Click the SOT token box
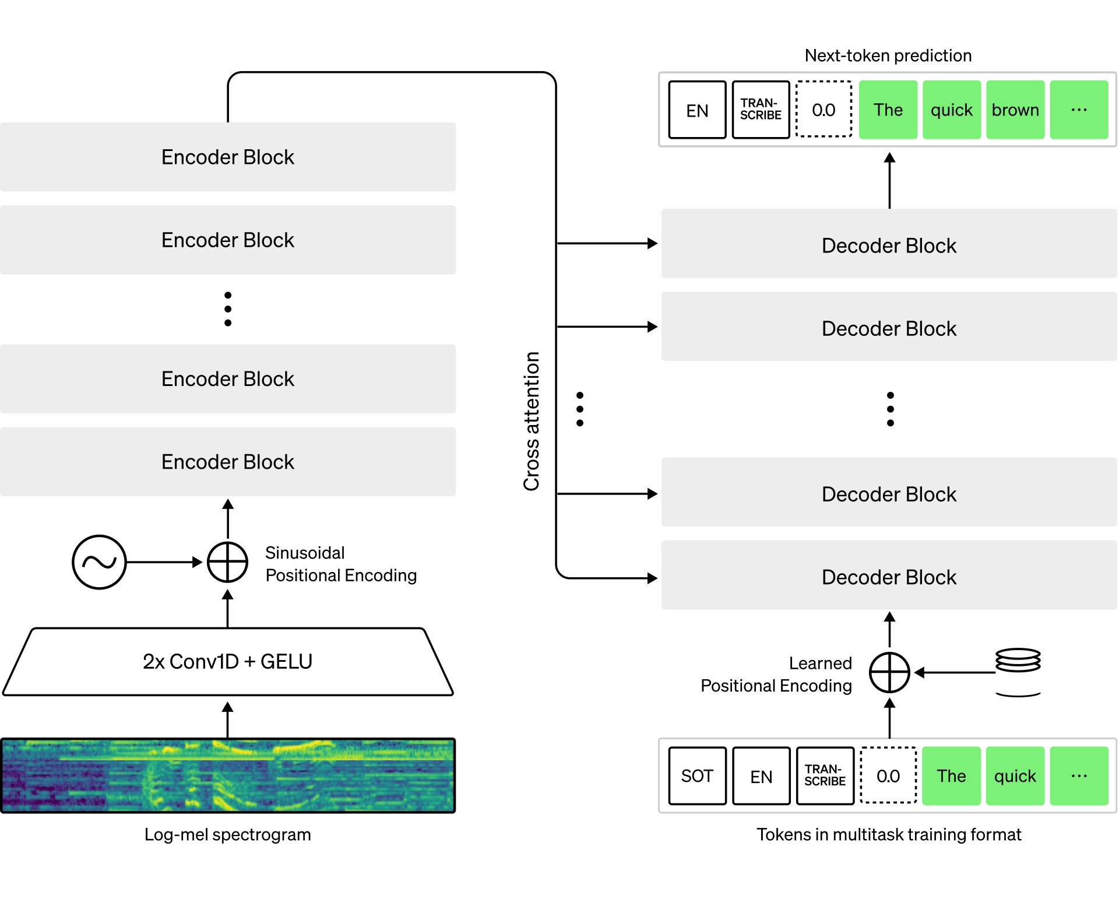tap(697, 776)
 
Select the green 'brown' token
tap(1015, 110)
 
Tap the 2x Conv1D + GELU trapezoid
tap(228, 662)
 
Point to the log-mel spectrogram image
tap(228, 775)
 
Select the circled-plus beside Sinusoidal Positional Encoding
tap(228, 562)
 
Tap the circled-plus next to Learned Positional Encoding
tap(889, 672)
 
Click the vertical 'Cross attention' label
tap(532, 421)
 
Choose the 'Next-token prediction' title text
tap(888, 55)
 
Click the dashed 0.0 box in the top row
tap(824, 109)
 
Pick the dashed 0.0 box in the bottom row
tap(888, 775)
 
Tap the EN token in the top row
tap(697, 110)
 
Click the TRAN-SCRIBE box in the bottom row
tap(825, 776)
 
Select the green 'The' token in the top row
tap(888, 110)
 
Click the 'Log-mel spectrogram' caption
tap(228, 834)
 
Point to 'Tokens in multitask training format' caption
tap(889, 834)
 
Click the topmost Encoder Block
tap(228, 157)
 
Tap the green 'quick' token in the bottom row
tap(1015, 776)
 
